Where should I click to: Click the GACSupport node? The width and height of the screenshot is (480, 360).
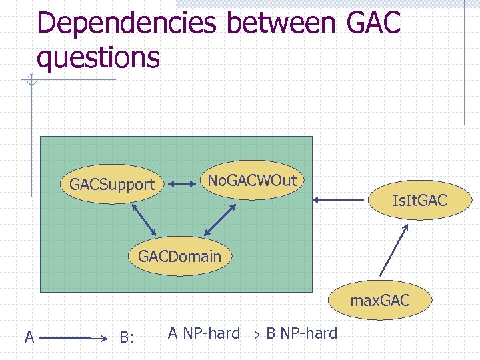[112, 184]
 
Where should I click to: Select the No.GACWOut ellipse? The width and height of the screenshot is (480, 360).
[252, 180]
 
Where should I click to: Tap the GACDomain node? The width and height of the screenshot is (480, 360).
[179, 255]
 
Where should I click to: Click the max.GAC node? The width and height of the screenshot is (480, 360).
[380, 301]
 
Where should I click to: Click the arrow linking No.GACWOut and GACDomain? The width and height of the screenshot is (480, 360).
[220, 219]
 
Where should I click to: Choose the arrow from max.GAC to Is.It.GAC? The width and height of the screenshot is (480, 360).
[394, 250]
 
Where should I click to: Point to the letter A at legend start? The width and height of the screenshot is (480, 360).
[29, 337]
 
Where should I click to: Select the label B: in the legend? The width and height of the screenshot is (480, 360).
[127, 338]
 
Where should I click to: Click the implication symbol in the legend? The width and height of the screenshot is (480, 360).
[253, 334]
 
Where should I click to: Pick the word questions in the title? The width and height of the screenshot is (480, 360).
[99, 57]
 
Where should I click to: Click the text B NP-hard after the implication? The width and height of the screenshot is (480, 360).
[302, 333]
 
